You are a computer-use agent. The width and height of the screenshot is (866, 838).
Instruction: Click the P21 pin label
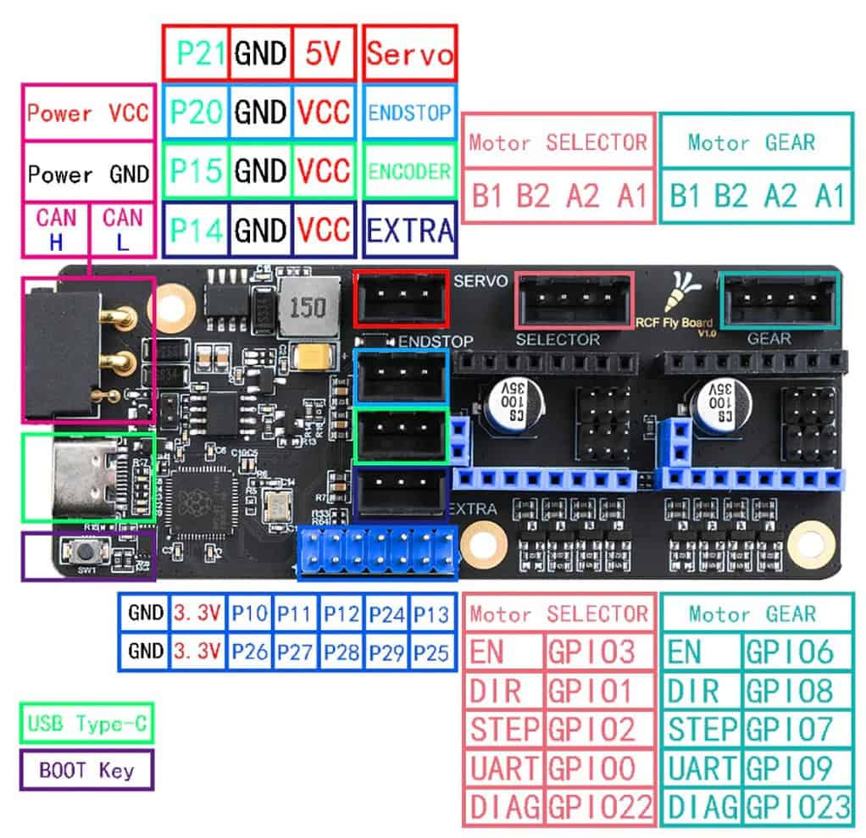tap(196, 53)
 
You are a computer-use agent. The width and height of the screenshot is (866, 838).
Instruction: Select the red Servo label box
tap(410, 53)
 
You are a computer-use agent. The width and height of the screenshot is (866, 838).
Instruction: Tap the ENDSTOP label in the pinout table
tap(410, 112)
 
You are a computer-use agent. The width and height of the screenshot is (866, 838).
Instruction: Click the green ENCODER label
tap(410, 171)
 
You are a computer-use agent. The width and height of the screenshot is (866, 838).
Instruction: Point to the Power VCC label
tap(88, 113)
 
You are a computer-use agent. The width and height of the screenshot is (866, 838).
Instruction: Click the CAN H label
tap(55, 230)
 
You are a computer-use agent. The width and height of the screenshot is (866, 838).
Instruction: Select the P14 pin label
tap(196, 230)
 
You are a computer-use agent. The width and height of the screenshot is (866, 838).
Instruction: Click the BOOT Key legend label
tap(86, 771)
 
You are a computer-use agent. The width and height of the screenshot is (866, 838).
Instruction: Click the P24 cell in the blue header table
tap(386, 614)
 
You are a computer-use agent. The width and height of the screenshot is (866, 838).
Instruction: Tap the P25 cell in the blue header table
tap(431, 652)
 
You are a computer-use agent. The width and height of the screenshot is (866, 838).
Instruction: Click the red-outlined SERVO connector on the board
tap(400, 297)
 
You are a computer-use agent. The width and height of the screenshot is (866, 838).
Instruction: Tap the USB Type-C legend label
tap(86, 724)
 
